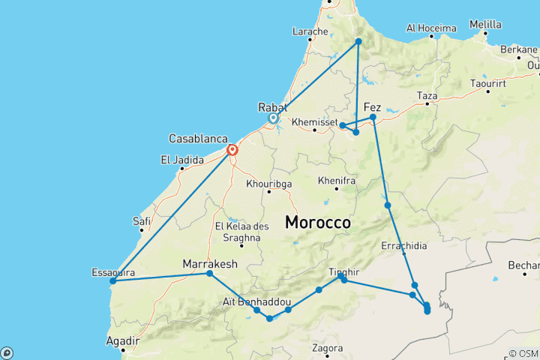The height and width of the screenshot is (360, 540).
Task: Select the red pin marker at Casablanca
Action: point(232,150)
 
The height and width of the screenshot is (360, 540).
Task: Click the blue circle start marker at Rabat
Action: point(274,118)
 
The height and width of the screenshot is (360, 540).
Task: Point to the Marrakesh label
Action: point(210,263)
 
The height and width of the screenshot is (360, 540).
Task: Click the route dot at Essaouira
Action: point(112,281)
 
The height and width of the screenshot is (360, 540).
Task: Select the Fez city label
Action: point(372,107)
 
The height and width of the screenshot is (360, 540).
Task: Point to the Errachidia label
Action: point(405,244)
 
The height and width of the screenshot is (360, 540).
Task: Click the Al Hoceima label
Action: point(430,28)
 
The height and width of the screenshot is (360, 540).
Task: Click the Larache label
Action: point(310,31)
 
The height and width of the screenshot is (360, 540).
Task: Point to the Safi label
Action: point(142,220)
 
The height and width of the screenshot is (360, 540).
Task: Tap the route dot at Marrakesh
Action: point(210,274)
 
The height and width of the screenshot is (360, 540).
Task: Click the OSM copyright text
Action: point(523,353)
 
